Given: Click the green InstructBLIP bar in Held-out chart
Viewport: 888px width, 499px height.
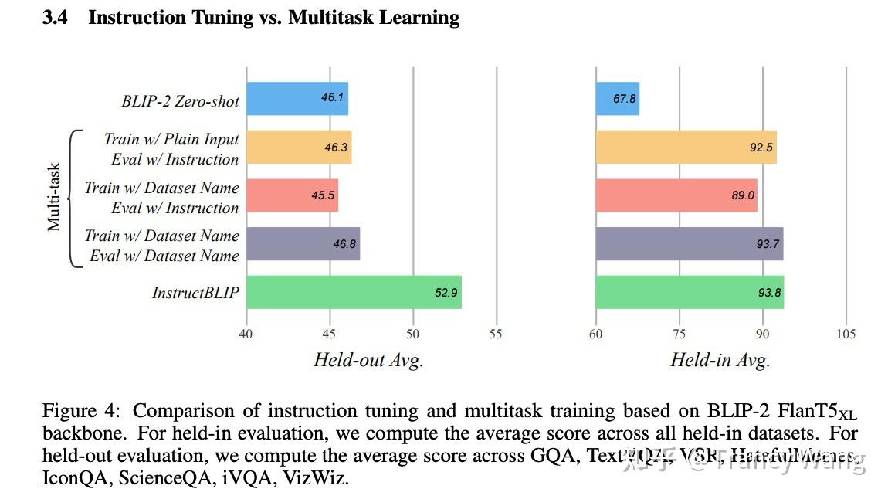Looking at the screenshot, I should pos(354,292).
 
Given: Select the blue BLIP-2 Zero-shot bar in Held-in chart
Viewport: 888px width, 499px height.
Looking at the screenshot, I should pos(617,99).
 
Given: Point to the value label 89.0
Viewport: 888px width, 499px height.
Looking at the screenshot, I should pos(742,195).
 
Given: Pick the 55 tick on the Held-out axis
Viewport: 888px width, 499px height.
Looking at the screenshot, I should pos(496,334).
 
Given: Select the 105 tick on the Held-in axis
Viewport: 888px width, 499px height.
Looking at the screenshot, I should pos(846,334).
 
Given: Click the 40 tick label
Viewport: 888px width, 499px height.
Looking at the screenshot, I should pos(246,334).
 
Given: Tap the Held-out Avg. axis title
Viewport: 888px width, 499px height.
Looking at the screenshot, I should pos(368,359).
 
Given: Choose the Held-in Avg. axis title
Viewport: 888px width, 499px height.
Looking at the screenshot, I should pos(720,359).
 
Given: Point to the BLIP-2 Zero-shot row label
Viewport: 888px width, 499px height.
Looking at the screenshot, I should pos(180,100).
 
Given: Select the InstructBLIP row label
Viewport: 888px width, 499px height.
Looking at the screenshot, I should pos(195,293).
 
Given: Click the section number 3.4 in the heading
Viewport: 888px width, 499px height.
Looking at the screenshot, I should pos(55,18).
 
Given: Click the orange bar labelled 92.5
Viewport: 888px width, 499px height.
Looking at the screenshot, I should pos(686,148).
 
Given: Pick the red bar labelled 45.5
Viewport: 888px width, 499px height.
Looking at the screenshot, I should pos(292,195).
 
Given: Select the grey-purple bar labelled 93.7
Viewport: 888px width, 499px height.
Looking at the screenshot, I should pos(689,244).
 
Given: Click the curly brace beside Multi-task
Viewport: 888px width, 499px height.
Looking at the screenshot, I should pos(75,197).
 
